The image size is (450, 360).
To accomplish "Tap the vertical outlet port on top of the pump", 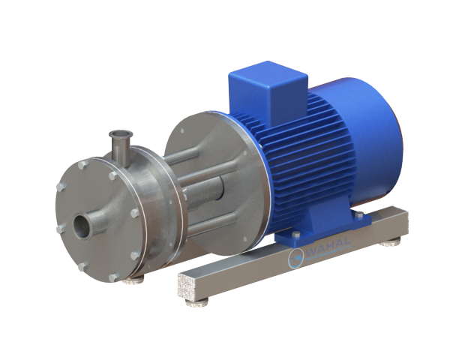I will point(118,143).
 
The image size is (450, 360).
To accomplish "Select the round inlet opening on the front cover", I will point(83,222).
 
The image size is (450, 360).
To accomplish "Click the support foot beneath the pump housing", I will point(135,278).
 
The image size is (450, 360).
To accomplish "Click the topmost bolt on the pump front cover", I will point(85,163).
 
